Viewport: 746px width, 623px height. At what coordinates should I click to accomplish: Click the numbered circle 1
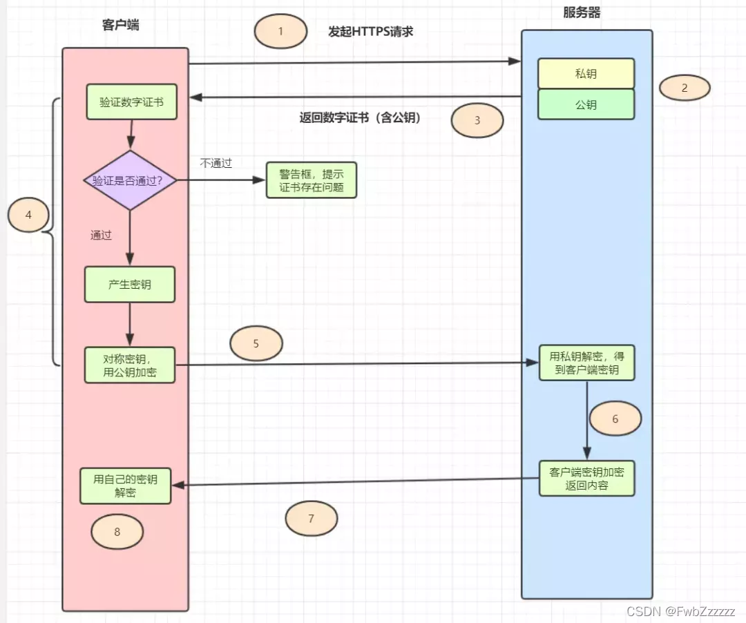[x=280, y=32]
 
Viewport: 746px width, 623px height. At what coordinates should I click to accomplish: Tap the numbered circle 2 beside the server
[x=685, y=88]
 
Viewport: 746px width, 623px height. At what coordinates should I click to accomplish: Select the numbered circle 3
[x=477, y=120]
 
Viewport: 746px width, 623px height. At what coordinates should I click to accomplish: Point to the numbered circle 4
[x=28, y=215]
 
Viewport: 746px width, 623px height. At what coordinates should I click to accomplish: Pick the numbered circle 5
[x=256, y=343]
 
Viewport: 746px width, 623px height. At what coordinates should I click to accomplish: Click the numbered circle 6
[x=615, y=419]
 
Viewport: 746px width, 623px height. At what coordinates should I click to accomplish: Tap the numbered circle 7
[x=312, y=519]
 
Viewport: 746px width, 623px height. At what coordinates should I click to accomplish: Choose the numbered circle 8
[x=117, y=532]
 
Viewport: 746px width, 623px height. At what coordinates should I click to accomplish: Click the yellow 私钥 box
[x=586, y=73]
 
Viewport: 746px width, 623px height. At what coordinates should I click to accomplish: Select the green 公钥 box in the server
[x=586, y=105]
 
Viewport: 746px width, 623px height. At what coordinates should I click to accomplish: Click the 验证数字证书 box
[x=131, y=102]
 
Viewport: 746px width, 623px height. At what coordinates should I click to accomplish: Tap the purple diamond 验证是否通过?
[x=130, y=180]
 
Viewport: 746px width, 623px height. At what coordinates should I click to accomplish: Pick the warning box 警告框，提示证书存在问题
[x=312, y=180]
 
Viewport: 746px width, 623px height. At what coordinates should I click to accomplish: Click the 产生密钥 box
[x=130, y=284]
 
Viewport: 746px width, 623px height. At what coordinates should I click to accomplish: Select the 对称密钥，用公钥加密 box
[x=130, y=365]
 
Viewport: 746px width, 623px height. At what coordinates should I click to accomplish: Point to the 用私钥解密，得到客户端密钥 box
[x=586, y=363]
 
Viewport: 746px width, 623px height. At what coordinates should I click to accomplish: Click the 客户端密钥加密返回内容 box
[x=586, y=478]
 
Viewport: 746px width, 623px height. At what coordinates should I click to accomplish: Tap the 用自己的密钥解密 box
[x=126, y=486]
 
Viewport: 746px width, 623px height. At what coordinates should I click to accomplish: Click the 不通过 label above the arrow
[x=216, y=164]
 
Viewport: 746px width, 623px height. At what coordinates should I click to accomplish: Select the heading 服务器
[x=582, y=13]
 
